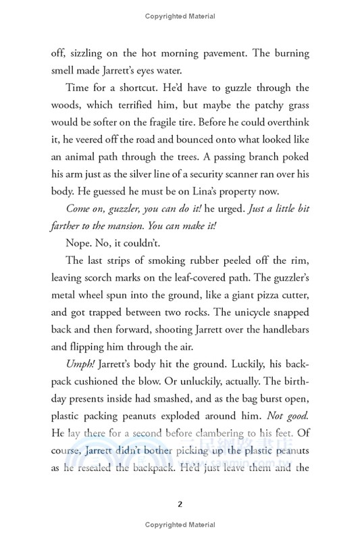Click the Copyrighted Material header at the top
tap(180, 15)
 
